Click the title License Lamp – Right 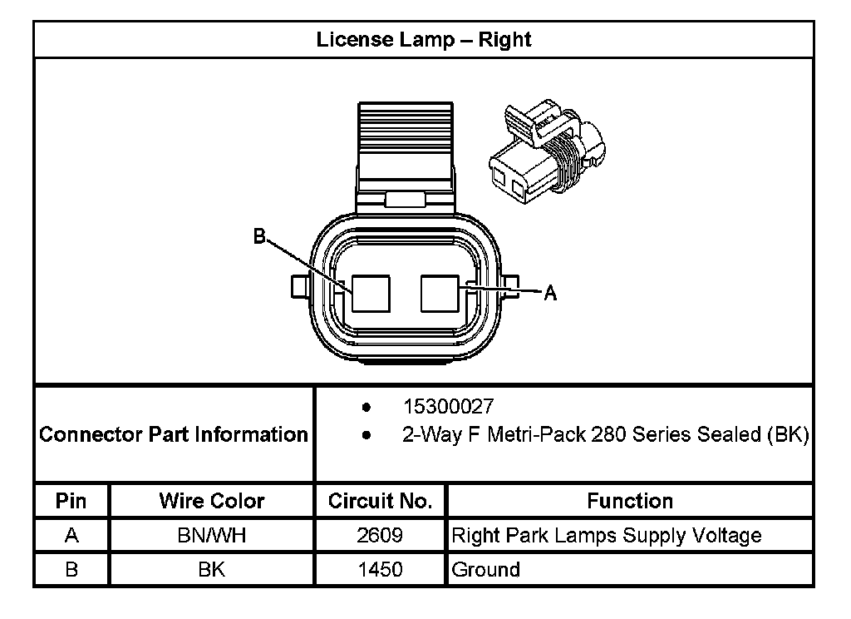(424, 40)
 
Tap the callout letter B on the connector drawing (259, 237)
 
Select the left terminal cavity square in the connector (370, 293)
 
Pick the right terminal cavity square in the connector (440, 293)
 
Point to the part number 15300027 (448, 407)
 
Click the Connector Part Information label (174, 434)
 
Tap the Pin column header (71, 501)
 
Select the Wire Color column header (212, 501)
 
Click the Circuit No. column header (381, 501)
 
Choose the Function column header (630, 501)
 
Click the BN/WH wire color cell (212, 535)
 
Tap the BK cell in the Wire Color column (212, 570)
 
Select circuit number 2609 (381, 535)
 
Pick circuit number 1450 (381, 570)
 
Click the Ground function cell (486, 570)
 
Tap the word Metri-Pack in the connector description (541, 434)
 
